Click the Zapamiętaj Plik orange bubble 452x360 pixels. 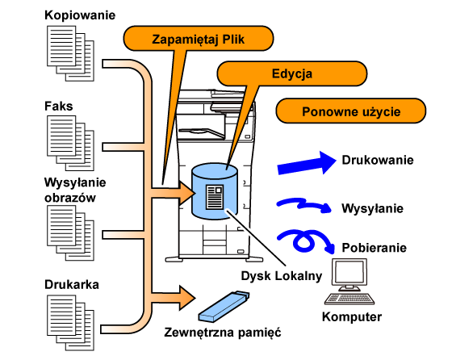tap(199, 39)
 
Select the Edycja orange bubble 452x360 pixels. tap(291, 73)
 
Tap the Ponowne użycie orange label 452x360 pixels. tap(351, 111)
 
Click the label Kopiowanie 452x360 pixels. tap(80, 15)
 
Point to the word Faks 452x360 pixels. tap(58, 106)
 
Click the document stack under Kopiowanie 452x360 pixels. tap(71, 53)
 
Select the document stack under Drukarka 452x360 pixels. tap(71, 323)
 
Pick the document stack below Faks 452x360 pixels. tap(71, 143)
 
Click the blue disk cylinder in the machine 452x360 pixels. tap(215, 191)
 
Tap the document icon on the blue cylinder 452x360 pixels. tap(215, 197)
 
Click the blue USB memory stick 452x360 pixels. tap(224, 307)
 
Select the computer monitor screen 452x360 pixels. tap(349, 273)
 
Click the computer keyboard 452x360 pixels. tap(349, 299)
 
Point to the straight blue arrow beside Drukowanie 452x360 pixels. tap(307, 163)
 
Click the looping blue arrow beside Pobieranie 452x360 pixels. tap(306, 241)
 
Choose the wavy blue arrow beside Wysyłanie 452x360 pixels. tap(303, 205)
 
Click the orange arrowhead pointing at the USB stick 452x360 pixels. tap(187, 298)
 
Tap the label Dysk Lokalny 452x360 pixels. tap(282, 276)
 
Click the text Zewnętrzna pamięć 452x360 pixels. tap(223, 332)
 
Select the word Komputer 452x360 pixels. tap(352, 316)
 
